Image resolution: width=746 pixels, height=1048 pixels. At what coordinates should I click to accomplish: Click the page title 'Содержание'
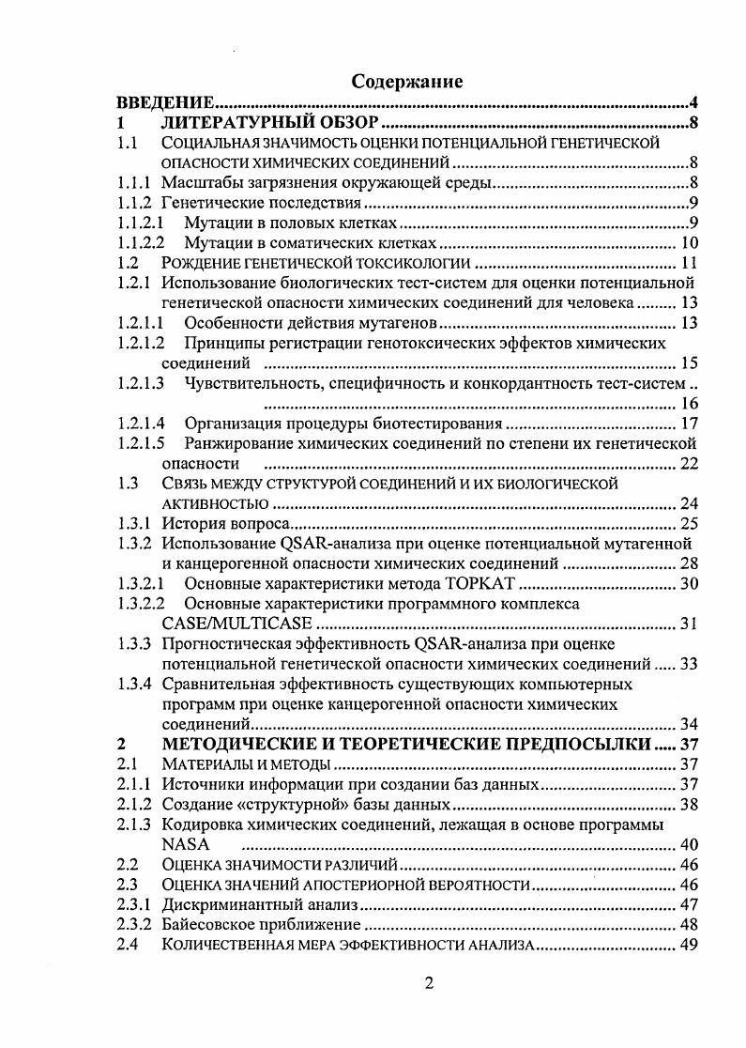point(406,82)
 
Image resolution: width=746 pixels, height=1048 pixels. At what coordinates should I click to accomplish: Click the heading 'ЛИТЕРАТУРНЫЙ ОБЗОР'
point(269,123)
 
